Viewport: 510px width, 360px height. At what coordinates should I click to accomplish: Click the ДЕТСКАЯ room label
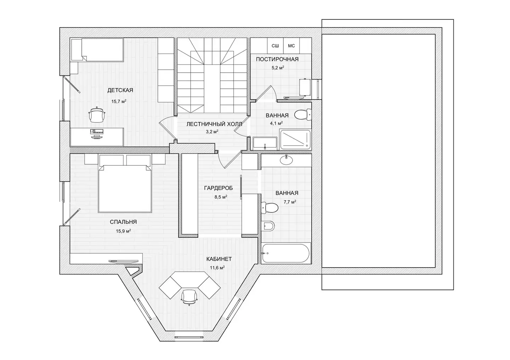coord(120,90)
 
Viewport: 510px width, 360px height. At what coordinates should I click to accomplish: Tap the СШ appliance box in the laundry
coord(275,46)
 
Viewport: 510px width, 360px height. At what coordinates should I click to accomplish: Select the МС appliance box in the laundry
coord(291,46)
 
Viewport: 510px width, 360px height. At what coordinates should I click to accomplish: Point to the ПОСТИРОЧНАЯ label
coord(277,59)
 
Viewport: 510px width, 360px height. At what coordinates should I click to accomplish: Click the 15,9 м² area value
coord(123,231)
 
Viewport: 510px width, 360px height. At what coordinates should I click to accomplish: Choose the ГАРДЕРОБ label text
coord(218,188)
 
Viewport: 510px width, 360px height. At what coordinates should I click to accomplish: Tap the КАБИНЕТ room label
coord(219,259)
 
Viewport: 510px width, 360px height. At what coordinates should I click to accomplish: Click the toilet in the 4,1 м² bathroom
coord(303,115)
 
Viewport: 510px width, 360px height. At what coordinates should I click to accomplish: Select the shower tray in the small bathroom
coord(295,139)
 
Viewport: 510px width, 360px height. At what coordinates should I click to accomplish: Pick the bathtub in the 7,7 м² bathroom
coord(286,253)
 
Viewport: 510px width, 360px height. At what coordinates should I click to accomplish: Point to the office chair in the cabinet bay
coord(189,297)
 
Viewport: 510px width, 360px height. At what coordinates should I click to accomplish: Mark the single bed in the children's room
coord(97,50)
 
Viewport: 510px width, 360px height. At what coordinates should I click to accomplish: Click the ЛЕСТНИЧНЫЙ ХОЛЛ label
coord(214,124)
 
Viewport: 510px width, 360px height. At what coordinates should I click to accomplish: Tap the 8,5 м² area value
coord(221,197)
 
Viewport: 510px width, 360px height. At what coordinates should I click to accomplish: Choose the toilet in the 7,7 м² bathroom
coord(270,207)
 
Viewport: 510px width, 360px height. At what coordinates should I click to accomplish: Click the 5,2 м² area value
coord(278,68)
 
